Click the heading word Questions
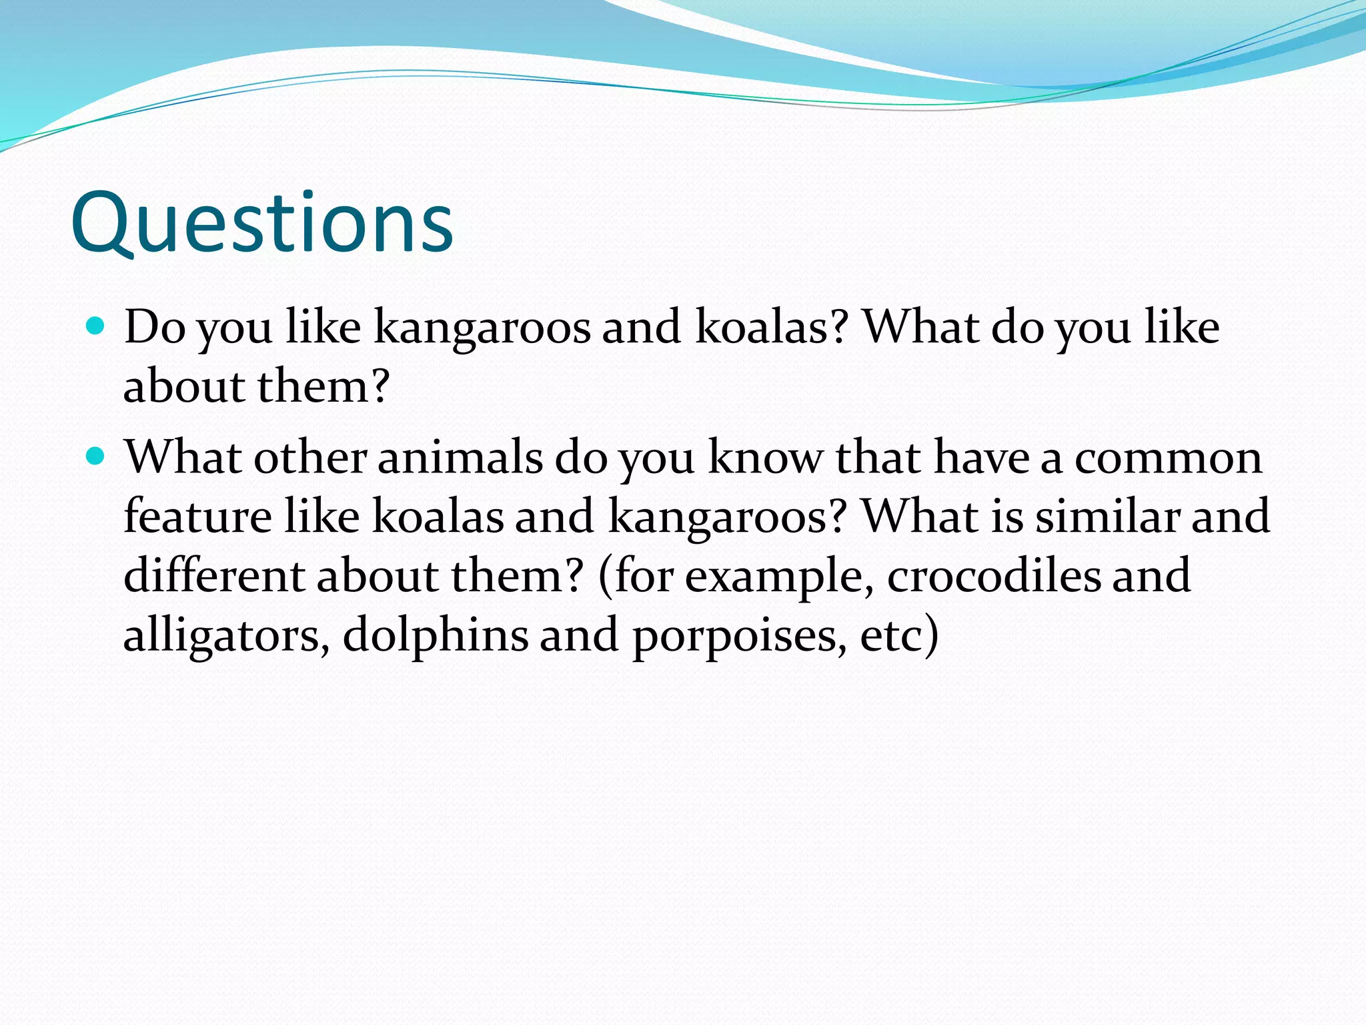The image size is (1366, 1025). [x=261, y=223]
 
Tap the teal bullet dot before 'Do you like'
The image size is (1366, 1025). [x=96, y=326]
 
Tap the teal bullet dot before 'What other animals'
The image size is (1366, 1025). [x=96, y=456]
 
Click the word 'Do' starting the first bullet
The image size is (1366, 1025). [x=155, y=327]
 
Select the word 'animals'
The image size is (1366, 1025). [x=460, y=458]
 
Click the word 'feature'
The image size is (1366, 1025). [x=197, y=517]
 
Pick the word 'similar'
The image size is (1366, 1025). [x=1108, y=517]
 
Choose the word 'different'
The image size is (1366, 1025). [x=214, y=575]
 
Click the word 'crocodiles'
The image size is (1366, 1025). [x=994, y=575]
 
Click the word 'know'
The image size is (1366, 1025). [x=765, y=458]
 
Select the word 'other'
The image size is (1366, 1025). [x=310, y=458]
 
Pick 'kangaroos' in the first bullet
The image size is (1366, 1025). [x=482, y=328]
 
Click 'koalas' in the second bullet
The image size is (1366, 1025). [x=437, y=517]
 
